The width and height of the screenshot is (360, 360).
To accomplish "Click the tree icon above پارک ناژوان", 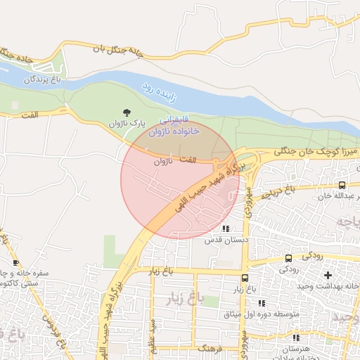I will coord(127,112).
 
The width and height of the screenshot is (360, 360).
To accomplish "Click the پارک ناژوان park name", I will coord(127,123).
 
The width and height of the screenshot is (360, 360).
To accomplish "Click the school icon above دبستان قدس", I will coord(225,229).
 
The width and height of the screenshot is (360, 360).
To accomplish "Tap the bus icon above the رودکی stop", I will coord(289,259).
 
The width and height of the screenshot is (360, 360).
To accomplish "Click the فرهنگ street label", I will coord(210,348).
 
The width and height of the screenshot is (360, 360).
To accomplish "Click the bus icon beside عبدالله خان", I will coord(341,186).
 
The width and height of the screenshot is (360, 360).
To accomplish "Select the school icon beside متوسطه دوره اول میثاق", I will coord(262,303).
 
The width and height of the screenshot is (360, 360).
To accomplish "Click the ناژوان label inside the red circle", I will coord(162,161).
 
